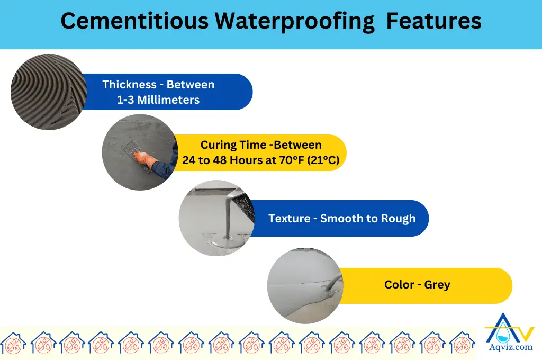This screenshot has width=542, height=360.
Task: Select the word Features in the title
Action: coord(433,21)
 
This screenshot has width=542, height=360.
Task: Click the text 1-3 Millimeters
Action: coord(158,100)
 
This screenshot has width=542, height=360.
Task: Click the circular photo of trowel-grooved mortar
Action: coord(49,92)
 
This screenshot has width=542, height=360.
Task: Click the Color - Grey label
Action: coord(417,285)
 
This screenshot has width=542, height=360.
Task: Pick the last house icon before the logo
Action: coord(463,343)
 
